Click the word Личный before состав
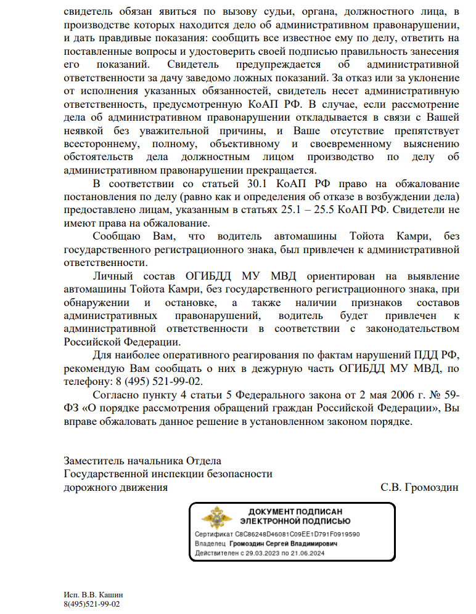(x=110, y=276)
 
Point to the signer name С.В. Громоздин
(x=419, y=488)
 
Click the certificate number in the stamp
(x=295, y=535)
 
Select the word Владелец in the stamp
(x=210, y=544)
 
